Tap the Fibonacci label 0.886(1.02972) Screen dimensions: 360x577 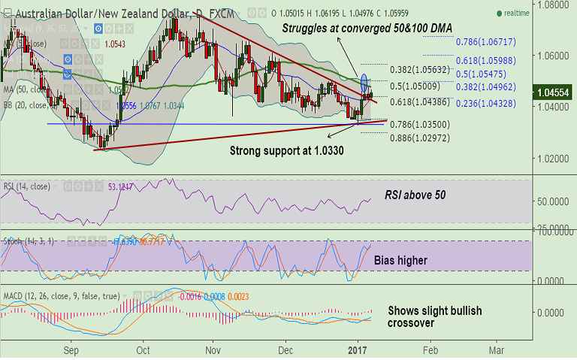(x=421, y=138)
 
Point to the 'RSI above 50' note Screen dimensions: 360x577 (x=416, y=194)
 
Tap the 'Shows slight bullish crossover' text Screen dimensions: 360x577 (x=435, y=316)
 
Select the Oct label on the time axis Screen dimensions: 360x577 (x=143, y=350)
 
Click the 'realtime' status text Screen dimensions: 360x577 (x=516, y=13)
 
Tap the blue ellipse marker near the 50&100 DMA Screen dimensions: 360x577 (x=364, y=82)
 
